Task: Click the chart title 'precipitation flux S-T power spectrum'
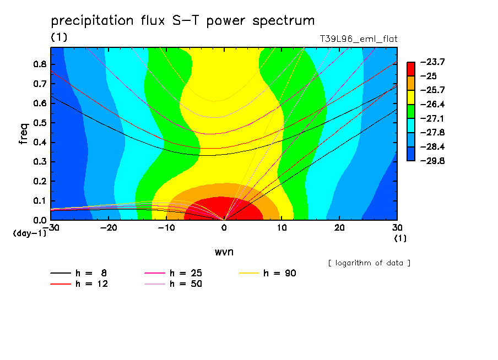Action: click(x=183, y=20)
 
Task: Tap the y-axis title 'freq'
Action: click(x=24, y=134)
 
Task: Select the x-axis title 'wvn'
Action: click(x=224, y=252)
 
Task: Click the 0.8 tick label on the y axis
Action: click(x=40, y=64)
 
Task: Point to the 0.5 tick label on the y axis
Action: click(x=40, y=123)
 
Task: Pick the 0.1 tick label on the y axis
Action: click(x=40, y=201)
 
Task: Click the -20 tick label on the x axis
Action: click(x=109, y=228)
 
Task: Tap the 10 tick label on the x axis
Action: click(x=282, y=228)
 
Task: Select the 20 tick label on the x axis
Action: click(x=339, y=228)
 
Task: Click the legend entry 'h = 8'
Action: click(x=78, y=273)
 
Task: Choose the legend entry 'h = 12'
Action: click(x=79, y=283)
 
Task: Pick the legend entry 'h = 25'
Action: click(x=173, y=273)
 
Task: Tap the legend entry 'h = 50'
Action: click(x=173, y=283)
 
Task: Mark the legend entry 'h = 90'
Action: click(x=267, y=273)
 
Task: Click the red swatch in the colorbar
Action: click(x=411, y=69)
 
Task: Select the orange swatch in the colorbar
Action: click(x=411, y=83)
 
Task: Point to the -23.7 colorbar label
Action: click(x=432, y=62)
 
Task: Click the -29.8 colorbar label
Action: click(x=432, y=161)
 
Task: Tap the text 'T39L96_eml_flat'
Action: click(x=359, y=39)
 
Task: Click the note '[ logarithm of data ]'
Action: click(x=370, y=263)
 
